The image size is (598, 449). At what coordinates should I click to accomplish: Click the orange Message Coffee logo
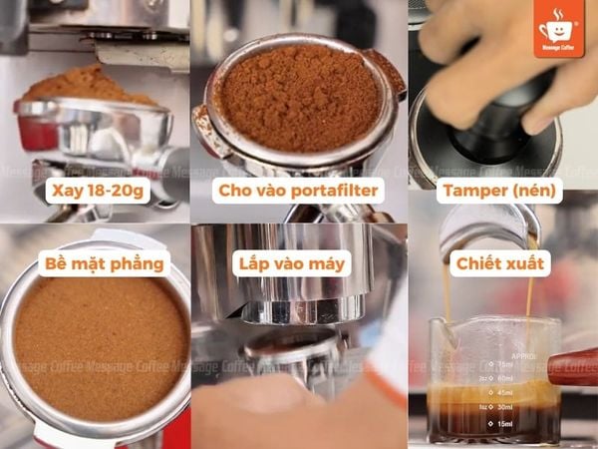[x=560, y=28]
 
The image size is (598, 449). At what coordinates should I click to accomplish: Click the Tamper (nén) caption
[x=501, y=190]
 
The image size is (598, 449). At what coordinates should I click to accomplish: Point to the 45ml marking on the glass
[x=508, y=392]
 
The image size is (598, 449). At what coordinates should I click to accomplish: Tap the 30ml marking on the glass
[x=506, y=406]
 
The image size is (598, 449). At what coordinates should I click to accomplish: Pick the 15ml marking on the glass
[x=507, y=425]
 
